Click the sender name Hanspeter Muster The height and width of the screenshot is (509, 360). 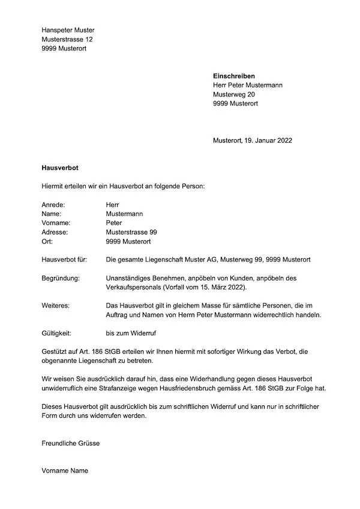[68, 30]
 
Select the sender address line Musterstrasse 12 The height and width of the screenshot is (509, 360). [67, 39]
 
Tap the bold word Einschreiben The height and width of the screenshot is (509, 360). [234, 76]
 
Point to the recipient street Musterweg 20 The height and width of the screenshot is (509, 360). [234, 94]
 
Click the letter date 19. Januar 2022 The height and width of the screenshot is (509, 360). [269, 140]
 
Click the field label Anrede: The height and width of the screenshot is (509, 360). [53, 204]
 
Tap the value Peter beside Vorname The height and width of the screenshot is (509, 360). [113, 222]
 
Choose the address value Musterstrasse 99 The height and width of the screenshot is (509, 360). [131, 232]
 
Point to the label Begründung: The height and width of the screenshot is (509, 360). [61, 278]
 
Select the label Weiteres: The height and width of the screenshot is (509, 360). [56, 306]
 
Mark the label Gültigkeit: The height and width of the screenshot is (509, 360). [58, 333]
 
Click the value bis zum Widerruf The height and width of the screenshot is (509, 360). [131, 333]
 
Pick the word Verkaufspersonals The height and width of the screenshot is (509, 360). [132, 288]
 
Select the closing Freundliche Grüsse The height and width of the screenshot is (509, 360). [71, 443]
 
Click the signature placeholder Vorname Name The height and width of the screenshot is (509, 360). [65, 471]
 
